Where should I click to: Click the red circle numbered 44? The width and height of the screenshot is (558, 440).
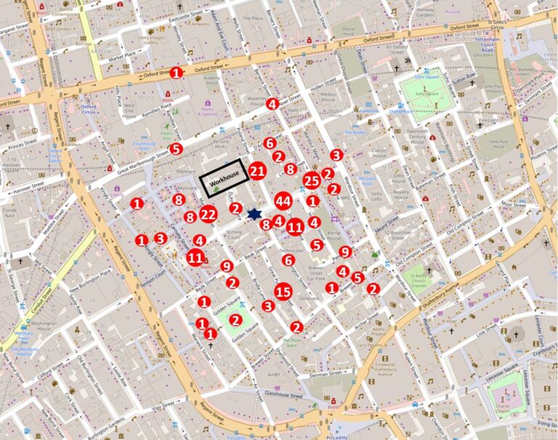click(283, 201)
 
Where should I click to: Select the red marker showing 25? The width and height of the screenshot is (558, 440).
click(312, 180)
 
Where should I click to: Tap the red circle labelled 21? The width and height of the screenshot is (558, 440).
click(256, 171)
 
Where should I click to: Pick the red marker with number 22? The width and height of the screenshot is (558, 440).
click(209, 213)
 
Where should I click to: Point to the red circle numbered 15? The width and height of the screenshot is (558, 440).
click(283, 292)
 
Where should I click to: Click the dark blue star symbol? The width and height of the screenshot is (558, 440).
click(254, 214)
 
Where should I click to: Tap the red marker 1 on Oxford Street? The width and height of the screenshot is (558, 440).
click(177, 73)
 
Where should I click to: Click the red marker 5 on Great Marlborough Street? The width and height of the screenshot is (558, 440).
click(175, 149)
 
